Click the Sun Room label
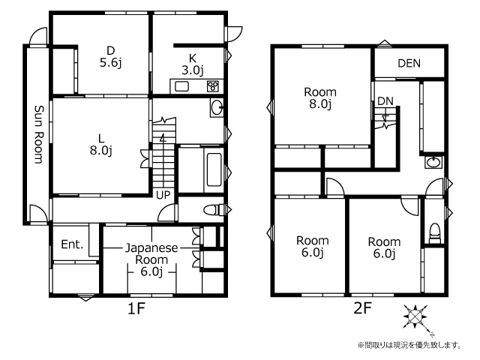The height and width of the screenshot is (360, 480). coord(39,134)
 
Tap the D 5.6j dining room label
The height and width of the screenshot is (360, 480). coord(110,57)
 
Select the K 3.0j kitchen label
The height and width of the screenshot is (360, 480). coord(193,64)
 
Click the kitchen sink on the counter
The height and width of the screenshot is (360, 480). coord(181,86)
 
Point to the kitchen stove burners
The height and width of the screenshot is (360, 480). coord(213,86)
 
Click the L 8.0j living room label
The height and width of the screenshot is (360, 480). coord(101,145)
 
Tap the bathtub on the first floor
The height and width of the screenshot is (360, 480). coord(214,169)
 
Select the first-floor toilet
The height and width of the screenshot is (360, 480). coord(214,210)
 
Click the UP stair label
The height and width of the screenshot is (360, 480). coord(163,195)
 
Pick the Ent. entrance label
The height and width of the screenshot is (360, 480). coord(72,244)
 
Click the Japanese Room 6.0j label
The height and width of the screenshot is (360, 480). coord(151,259)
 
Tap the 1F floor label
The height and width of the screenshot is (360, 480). coord(136,308)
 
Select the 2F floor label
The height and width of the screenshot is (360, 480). coord(362,308)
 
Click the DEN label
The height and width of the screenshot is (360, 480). coord(409,63)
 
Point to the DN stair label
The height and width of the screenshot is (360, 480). coord(385,101)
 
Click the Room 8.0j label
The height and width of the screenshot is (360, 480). coord(320,98)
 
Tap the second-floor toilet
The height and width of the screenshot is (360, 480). coord(435,233)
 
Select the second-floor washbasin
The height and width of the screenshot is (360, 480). coord(433,162)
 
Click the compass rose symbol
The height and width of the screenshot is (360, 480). coord(415,316)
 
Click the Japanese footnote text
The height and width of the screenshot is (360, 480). coord(409,346)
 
